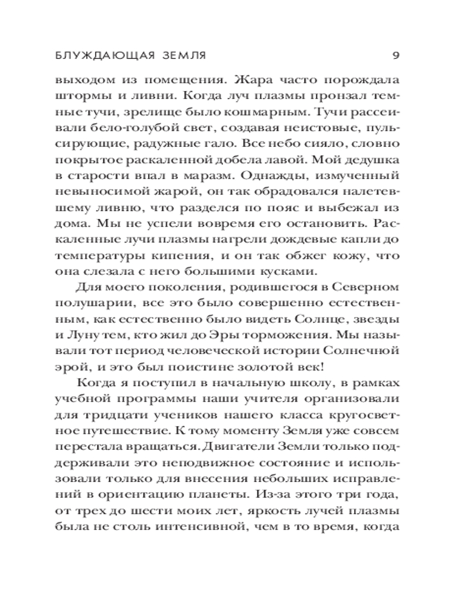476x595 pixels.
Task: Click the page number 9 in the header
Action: [x=396, y=56]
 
